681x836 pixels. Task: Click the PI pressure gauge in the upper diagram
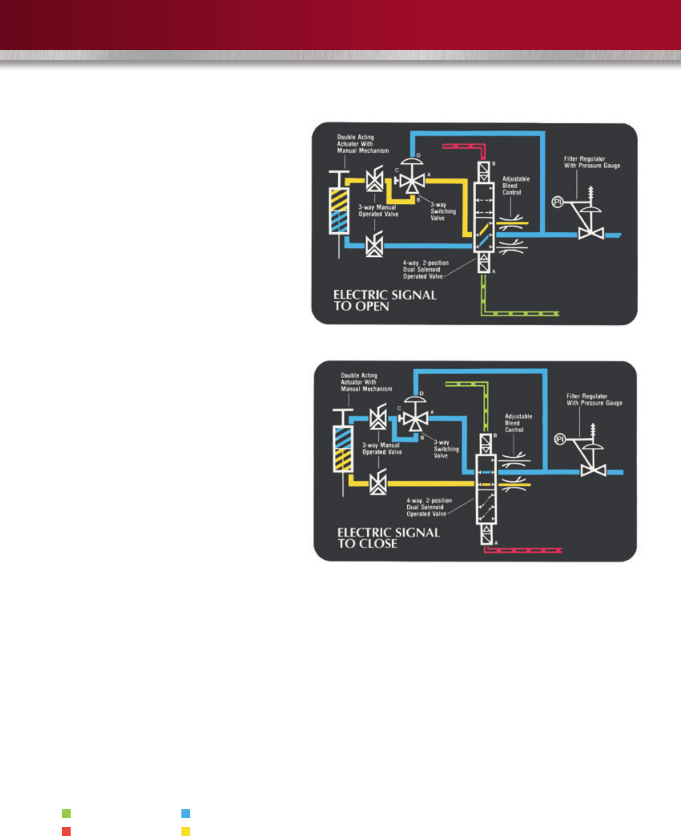557,202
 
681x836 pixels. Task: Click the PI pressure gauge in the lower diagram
560,439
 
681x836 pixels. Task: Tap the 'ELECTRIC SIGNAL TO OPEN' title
384,300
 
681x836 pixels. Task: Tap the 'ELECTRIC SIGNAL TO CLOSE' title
388,538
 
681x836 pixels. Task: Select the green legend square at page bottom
66,814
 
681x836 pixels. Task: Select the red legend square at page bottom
66,832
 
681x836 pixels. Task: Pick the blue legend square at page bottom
186,814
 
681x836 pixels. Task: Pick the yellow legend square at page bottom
186,832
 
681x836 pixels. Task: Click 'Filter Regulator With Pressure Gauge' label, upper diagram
591,162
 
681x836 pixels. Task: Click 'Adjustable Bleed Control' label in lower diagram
518,423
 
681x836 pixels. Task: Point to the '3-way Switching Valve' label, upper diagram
443,212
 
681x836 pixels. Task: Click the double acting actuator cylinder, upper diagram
339,211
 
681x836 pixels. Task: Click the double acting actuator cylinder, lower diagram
342,449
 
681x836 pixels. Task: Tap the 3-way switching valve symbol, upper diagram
412,181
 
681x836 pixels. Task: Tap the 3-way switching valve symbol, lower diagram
415,418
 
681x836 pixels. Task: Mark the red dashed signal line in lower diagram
523,550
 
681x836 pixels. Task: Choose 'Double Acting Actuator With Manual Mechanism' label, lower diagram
366,382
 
